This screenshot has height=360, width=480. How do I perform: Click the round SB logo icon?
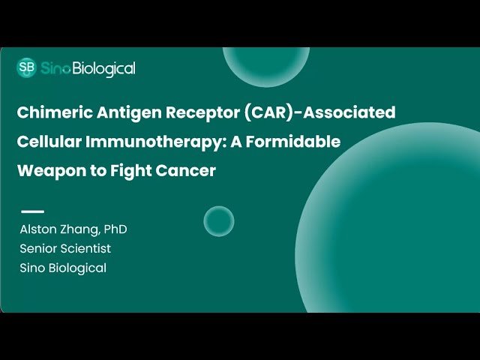coord(26,68)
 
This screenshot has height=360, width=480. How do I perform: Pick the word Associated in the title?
coord(349,113)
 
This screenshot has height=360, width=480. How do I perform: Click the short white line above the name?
coord(32,211)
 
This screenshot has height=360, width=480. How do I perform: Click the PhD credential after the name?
coord(104,229)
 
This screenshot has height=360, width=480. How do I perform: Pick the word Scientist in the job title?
coord(87,248)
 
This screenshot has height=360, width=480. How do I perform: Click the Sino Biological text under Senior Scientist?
coord(63,268)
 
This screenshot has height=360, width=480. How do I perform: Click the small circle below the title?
coord(219,221)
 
